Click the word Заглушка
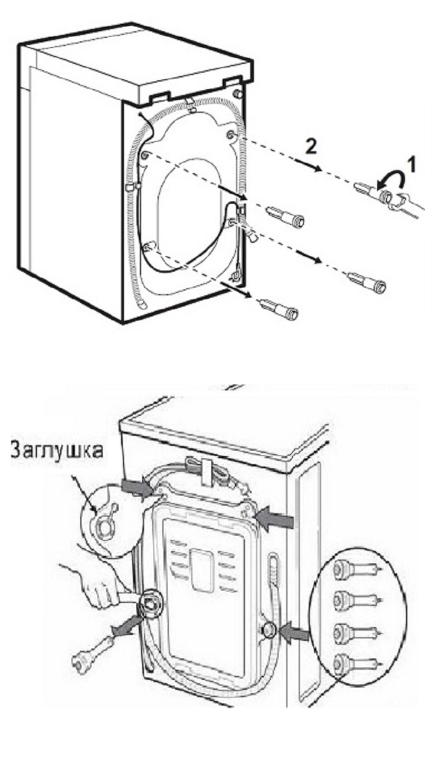[x=57, y=451]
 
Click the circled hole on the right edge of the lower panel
[x=268, y=630]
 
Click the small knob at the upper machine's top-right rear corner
[x=238, y=93]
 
